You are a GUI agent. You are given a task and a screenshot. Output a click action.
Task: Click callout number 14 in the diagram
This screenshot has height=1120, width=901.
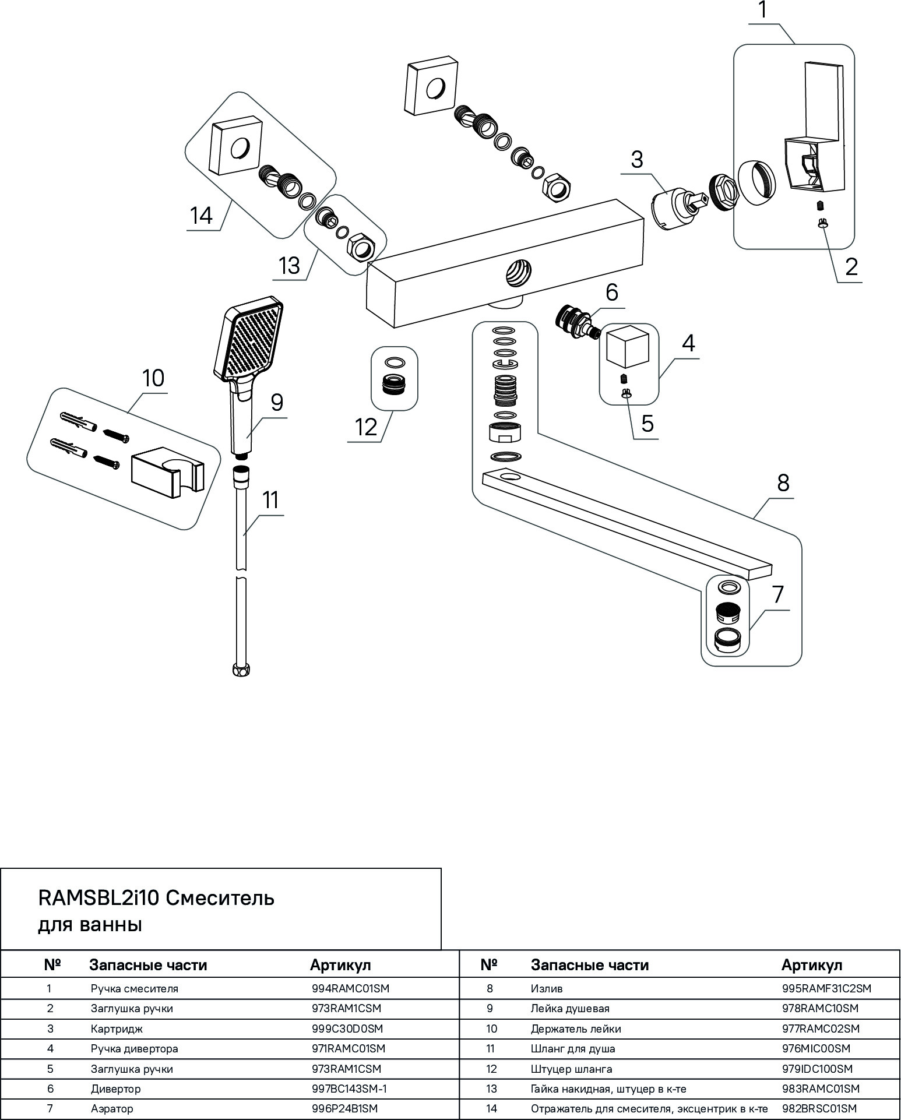202,216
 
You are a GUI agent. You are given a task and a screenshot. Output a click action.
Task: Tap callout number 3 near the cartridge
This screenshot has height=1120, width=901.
637,159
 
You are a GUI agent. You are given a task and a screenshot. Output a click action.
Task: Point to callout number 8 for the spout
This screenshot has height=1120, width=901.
783,483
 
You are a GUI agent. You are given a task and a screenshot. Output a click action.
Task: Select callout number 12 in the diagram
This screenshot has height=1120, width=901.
367,427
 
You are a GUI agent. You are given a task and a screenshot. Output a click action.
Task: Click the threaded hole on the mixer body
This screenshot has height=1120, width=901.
517,273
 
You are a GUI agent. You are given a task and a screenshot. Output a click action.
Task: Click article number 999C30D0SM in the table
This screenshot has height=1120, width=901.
348,1029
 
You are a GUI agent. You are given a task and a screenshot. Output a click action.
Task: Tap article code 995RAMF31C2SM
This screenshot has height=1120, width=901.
826,988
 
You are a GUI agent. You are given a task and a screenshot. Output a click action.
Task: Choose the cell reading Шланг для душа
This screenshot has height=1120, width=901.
573,1048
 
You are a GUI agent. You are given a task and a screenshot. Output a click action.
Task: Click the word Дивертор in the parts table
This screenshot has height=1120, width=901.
115,1089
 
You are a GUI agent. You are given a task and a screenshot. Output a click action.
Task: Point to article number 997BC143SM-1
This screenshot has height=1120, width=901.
350,1089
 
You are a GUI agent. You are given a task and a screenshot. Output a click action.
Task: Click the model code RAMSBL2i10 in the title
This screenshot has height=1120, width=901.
98,898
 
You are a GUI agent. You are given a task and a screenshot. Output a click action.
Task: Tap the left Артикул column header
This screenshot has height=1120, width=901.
340,966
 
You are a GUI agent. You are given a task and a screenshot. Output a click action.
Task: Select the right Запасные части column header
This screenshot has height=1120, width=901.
590,966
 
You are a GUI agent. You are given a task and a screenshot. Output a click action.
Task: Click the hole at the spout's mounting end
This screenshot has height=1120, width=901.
511,477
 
